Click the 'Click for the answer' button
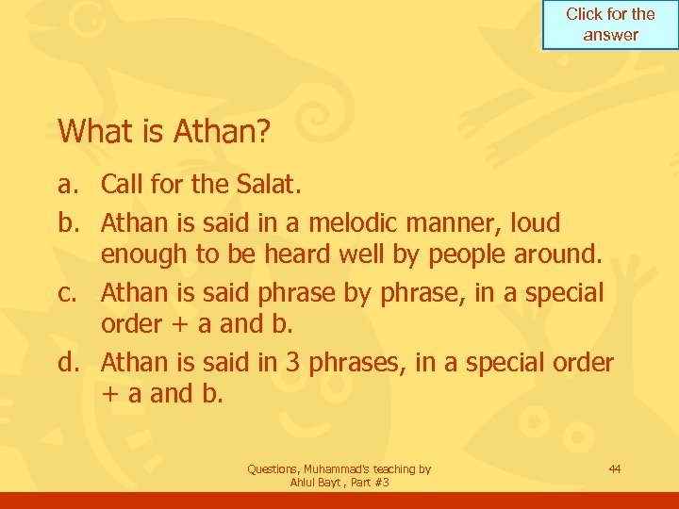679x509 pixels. pyautogui.click(x=610, y=25)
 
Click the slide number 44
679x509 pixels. pyautogui.click(x=615, y=468)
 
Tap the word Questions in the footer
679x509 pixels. pyautogui.click(x=273, y=468)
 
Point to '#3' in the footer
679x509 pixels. pyautogui.click(x=382, y=483)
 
